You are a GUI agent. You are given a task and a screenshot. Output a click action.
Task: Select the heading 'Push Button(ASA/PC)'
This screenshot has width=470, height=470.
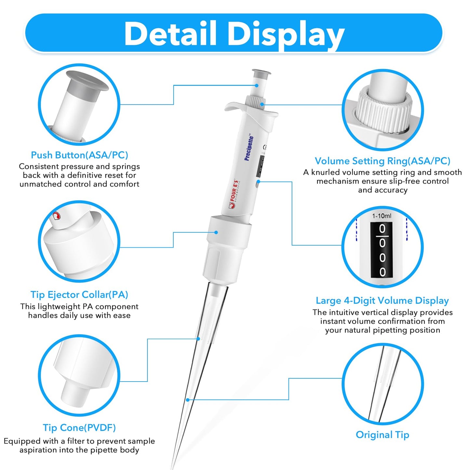(x=79, y=155)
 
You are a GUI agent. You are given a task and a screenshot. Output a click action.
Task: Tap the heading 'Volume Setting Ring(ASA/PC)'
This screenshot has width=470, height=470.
(x=382, y=161)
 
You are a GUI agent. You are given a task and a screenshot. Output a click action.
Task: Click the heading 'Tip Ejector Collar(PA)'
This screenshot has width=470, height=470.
(x=79, y=295)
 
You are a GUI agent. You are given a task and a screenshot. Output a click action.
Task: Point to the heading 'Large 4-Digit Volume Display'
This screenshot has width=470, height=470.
(x=382, y=301)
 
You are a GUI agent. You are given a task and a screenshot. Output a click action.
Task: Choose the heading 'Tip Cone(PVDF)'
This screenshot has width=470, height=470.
(x=79, y=428)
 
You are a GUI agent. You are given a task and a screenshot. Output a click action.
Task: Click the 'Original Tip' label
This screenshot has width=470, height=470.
(x=382, y=435)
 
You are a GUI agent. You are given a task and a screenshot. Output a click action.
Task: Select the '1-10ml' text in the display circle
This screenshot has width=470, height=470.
(x=382, y=216)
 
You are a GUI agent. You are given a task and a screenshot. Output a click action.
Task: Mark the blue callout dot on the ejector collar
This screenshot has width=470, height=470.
(x=216, y=232)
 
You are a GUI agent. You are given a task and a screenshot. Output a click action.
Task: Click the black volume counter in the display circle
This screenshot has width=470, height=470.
(x=382, y=250)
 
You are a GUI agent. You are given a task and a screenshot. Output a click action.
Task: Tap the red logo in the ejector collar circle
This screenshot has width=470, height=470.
(x=57, y=216)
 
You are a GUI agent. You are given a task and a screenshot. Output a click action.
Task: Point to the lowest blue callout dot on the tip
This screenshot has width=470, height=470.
(x=188, y=400)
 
